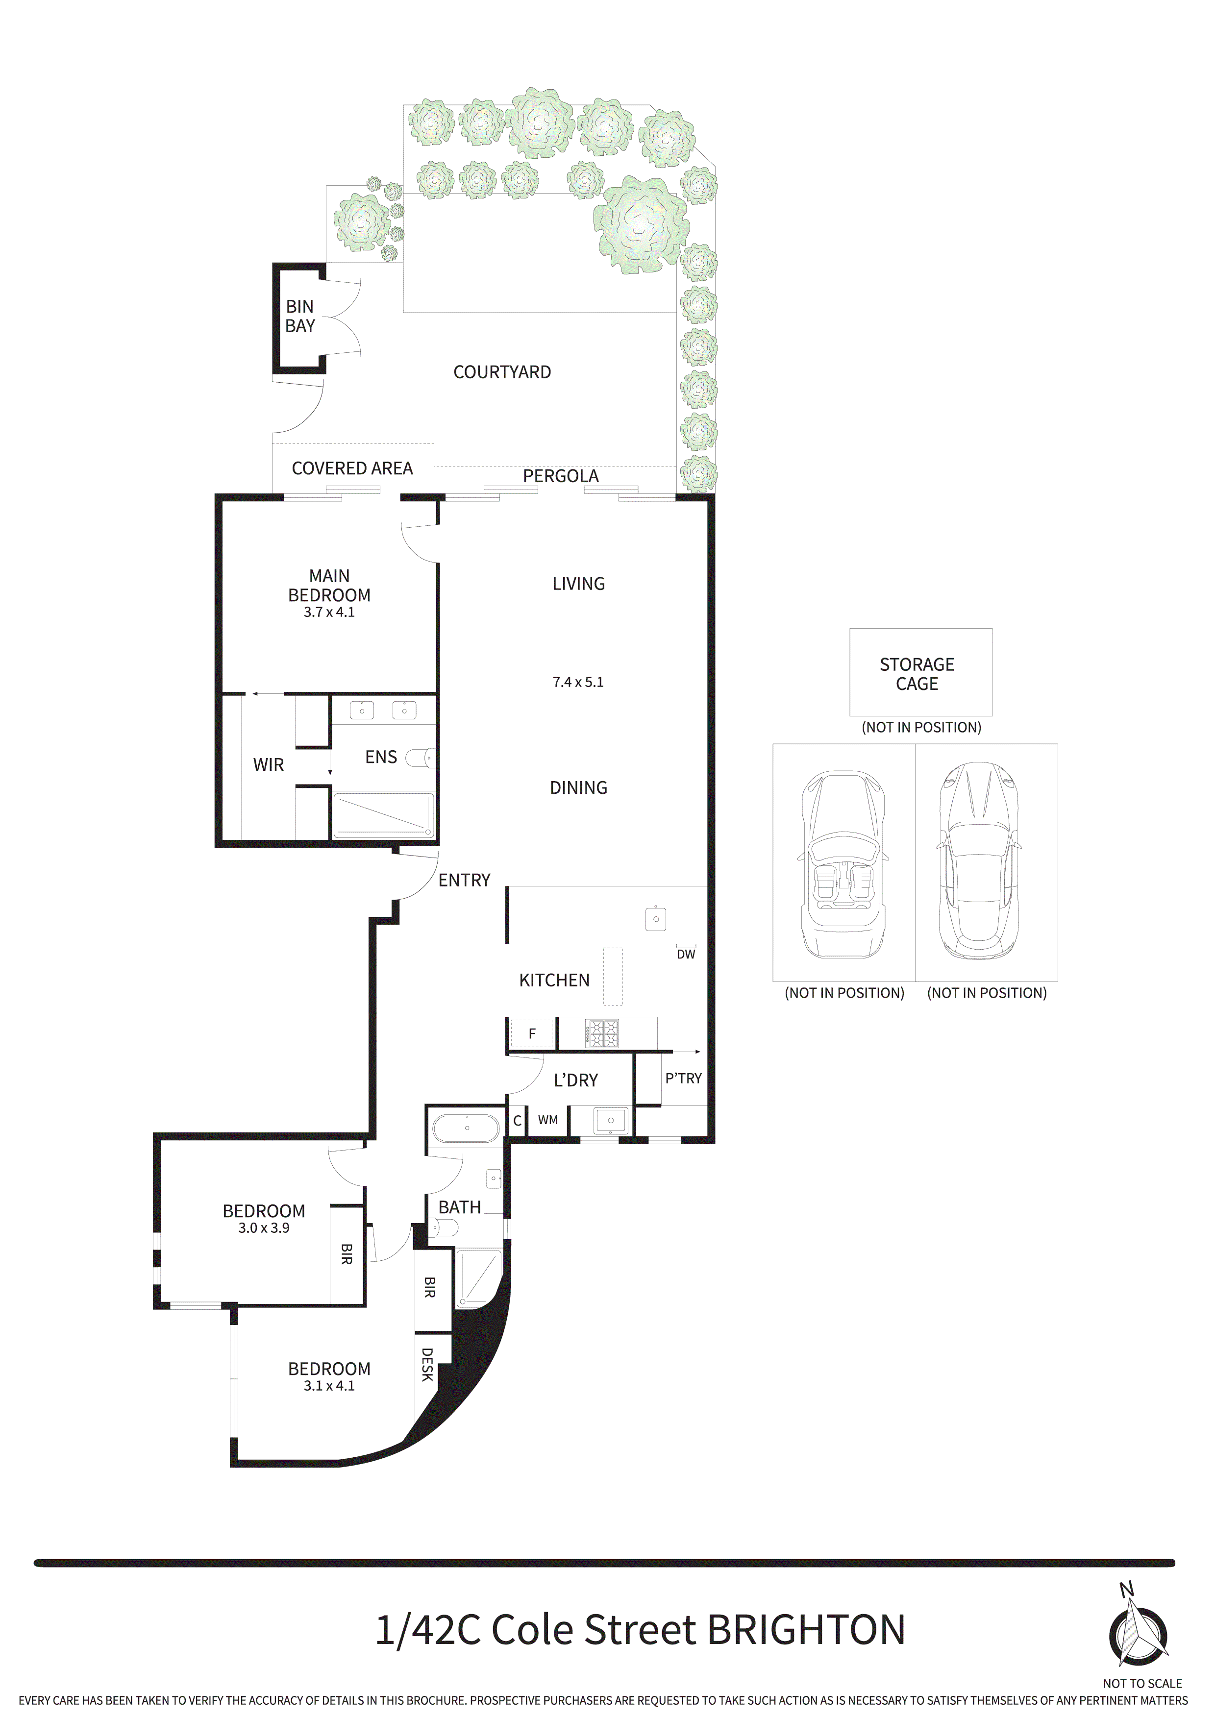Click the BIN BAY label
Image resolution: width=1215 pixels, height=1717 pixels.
[299, 317]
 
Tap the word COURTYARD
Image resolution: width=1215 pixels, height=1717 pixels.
[502, 372]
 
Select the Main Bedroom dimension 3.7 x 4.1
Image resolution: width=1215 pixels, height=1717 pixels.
[329, 613]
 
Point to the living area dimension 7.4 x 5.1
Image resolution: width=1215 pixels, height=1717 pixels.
[577, 682]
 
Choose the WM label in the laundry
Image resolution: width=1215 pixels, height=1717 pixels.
[547, 1120]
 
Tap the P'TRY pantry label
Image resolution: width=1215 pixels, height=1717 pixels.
[683, 1079]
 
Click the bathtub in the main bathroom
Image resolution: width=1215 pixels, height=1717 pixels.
[466, 1128]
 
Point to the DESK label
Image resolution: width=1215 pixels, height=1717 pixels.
[427, 1364]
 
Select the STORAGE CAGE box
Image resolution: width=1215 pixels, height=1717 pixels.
[920, 672]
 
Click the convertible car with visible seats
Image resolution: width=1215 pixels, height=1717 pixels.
[843, 865]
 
